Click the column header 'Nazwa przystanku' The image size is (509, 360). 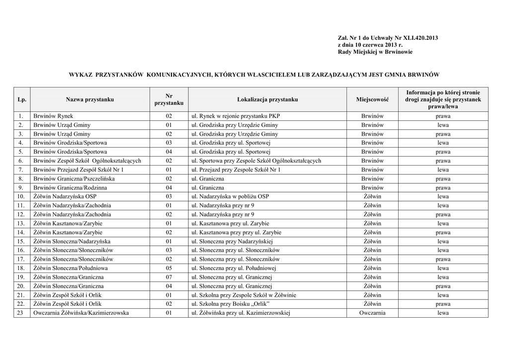point(89,99)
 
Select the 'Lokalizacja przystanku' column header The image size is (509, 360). point(267,99)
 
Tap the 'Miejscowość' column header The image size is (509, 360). point(372,99)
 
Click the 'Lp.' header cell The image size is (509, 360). point(21,99)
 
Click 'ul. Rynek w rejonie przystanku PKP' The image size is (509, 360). point(232,116)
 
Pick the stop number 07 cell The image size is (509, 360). point(169,277)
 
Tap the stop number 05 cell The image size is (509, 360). point(169,268)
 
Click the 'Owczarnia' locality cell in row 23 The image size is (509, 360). point(372,313)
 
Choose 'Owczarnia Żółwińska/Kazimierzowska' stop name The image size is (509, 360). point(81,313)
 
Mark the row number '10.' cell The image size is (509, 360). point(21,197)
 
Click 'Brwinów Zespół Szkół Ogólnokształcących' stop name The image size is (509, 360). point(87,161)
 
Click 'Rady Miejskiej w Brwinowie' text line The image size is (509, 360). point(375,52)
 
